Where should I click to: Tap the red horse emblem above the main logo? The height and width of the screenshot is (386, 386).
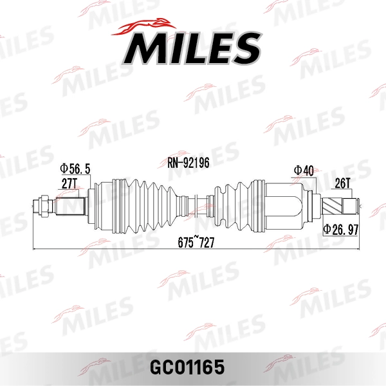pos(143,26)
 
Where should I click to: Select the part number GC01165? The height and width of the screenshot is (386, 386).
pos(187,367)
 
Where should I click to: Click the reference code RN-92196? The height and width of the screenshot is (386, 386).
pos(188,163)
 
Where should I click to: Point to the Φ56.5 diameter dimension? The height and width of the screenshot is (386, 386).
pos(75,169)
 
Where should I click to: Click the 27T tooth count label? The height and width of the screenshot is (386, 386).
pos(69,183)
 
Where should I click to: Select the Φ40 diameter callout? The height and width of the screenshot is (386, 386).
pos(304,171)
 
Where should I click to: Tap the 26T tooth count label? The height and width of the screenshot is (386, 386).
pos(342,183)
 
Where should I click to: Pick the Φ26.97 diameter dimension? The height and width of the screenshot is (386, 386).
pos(341,230)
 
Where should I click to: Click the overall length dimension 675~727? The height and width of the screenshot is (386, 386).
pos(196,243)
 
